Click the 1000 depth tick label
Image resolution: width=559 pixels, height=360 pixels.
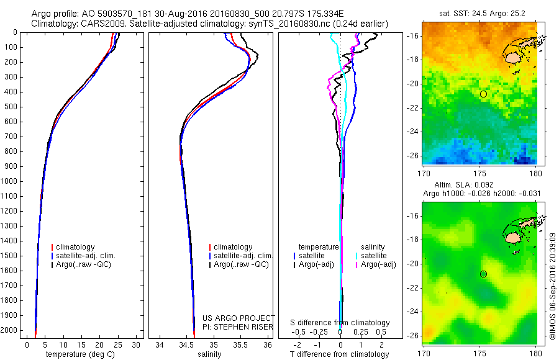click(10, 181)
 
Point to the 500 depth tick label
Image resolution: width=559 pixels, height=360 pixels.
click(12, 107)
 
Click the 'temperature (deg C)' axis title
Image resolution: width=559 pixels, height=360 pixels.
click(81, 354)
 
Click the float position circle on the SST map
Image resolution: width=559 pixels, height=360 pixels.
click(483, 94)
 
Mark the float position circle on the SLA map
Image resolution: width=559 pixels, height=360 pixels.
click(483, 274)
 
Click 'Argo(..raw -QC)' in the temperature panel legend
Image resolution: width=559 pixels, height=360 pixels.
click(83, 264)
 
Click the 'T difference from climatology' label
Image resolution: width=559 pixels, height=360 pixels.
click(340, 354)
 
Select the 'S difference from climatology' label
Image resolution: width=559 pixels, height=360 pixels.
click(340, 323)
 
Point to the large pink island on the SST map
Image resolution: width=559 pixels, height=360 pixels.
click(513, 57)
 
